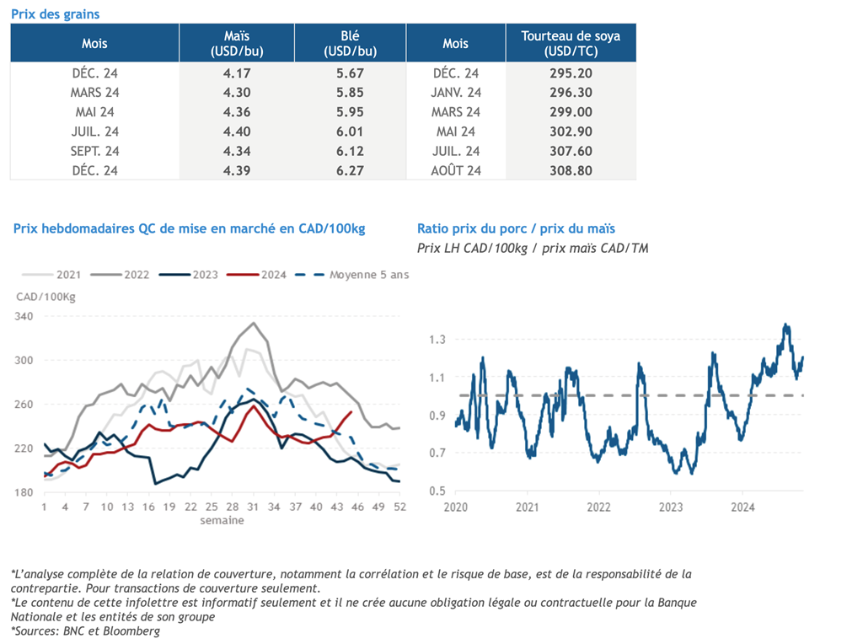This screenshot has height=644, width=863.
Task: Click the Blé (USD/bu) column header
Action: pos(350,44)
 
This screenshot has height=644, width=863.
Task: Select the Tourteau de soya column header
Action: pos(571,44)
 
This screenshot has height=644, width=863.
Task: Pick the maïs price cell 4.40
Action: pos(237,131)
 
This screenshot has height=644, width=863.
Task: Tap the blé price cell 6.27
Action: pos(350,170)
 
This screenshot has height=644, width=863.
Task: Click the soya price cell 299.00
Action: pos(571,112)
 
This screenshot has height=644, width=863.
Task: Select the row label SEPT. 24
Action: pos(94,152)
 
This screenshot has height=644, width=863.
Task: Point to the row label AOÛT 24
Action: pos(456,170)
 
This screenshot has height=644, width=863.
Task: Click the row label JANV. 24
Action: pos(456,93)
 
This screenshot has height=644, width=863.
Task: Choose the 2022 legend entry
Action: pos(120,275)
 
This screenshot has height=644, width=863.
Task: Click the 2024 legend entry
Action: pos(257,275)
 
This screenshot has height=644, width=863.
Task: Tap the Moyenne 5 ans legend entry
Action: pos(352,275)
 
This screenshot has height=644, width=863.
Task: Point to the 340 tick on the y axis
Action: pos(24,316)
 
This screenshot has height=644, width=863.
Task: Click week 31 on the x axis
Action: pos(253,507)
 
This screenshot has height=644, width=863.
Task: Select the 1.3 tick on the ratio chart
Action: pos(437,340)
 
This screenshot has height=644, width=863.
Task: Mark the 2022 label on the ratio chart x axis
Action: pos(599,507)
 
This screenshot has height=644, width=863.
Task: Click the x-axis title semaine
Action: pos(222,520)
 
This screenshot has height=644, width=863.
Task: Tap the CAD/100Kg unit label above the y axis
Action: pos(46,298)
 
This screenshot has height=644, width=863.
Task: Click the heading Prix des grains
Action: pos(56,14)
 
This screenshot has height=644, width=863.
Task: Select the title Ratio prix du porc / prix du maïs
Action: pos(517,228)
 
